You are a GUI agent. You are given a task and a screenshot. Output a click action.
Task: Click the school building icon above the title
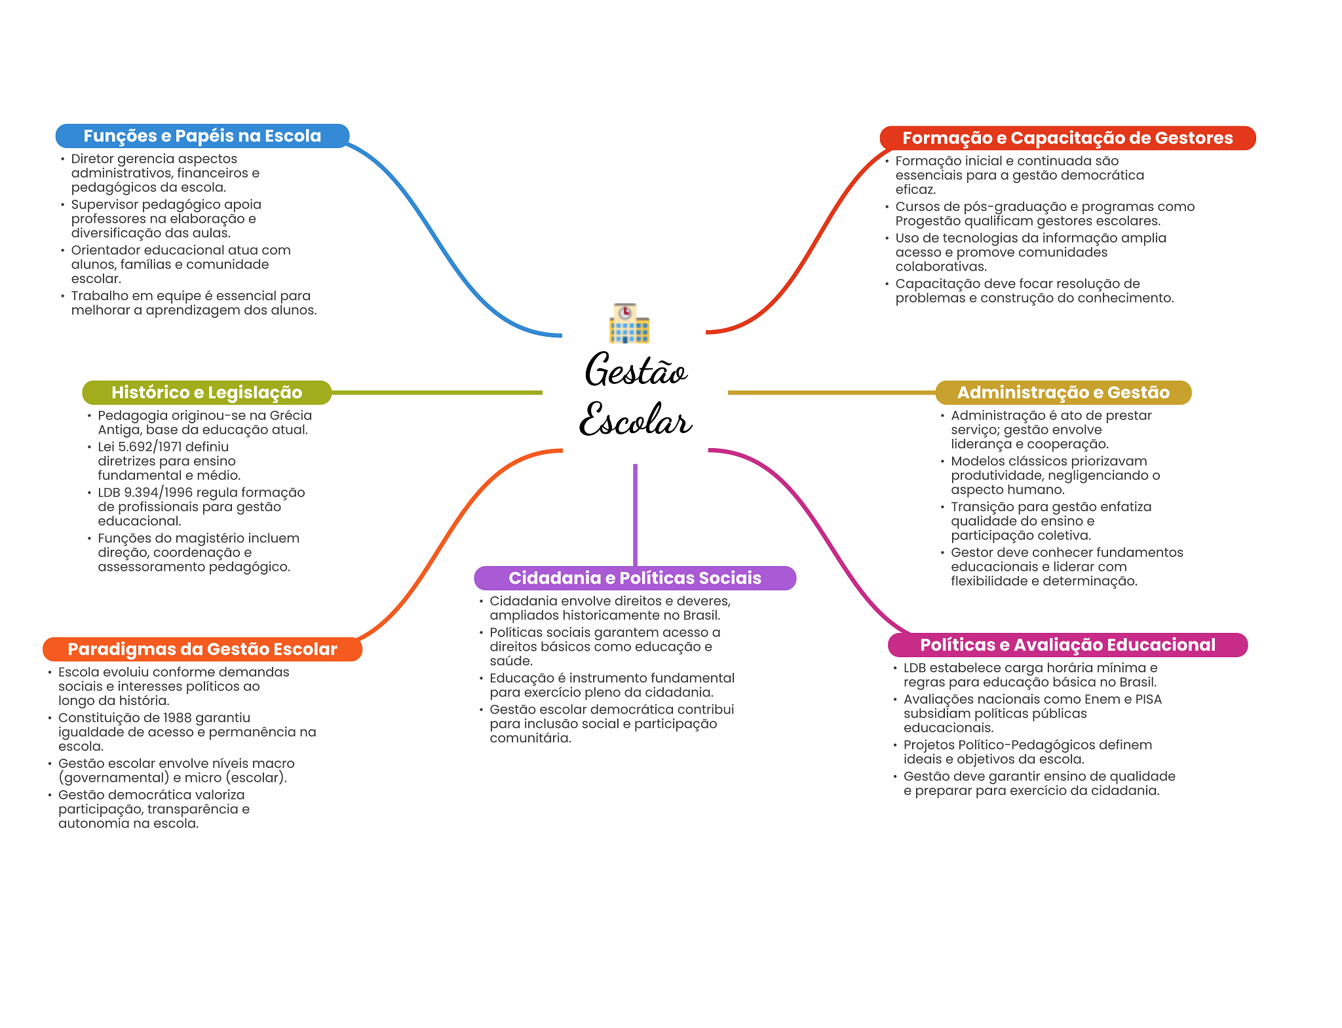tap(629, 324)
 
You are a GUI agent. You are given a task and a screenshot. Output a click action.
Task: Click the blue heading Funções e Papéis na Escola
tap(202, 136)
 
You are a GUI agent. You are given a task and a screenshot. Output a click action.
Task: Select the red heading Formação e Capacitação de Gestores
tap(1067, 138)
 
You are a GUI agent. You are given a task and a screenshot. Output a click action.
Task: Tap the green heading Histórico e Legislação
tap(206, 392)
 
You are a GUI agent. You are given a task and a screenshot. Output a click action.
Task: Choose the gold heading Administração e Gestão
tap(1063, 392)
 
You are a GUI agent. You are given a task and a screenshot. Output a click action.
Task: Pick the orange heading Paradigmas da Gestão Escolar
tap(202, 649)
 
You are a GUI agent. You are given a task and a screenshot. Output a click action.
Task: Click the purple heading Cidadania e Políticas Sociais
tap(635, 578)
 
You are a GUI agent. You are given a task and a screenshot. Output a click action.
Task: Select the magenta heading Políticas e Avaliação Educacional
tap(1067, 645)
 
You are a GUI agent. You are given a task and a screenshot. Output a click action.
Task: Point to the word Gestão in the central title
tap(636, 370)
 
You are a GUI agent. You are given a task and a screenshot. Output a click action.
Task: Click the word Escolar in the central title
tap(636, 419)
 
